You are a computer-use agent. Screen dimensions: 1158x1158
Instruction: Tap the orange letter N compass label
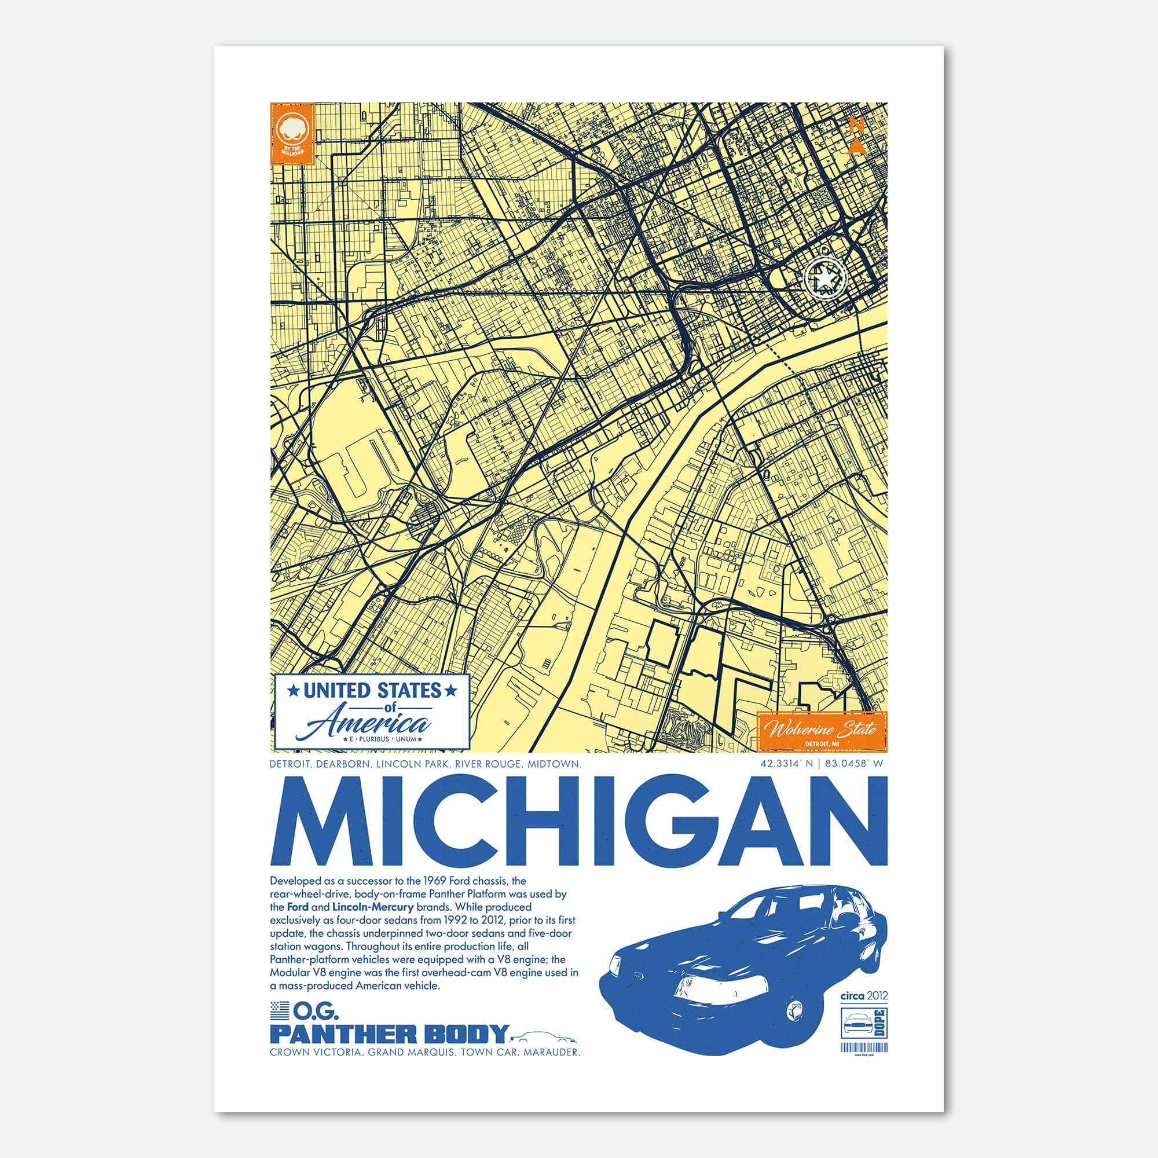[x=856, y=125]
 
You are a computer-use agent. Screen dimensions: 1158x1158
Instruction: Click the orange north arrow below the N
[x=857, y=146]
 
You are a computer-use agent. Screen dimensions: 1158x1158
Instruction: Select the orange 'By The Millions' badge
[x=292, y=133]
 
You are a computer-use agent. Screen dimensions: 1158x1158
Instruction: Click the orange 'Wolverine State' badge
[x=822, y=730]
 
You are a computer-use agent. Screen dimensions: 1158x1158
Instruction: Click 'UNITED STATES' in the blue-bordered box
[x=372, y=691]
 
